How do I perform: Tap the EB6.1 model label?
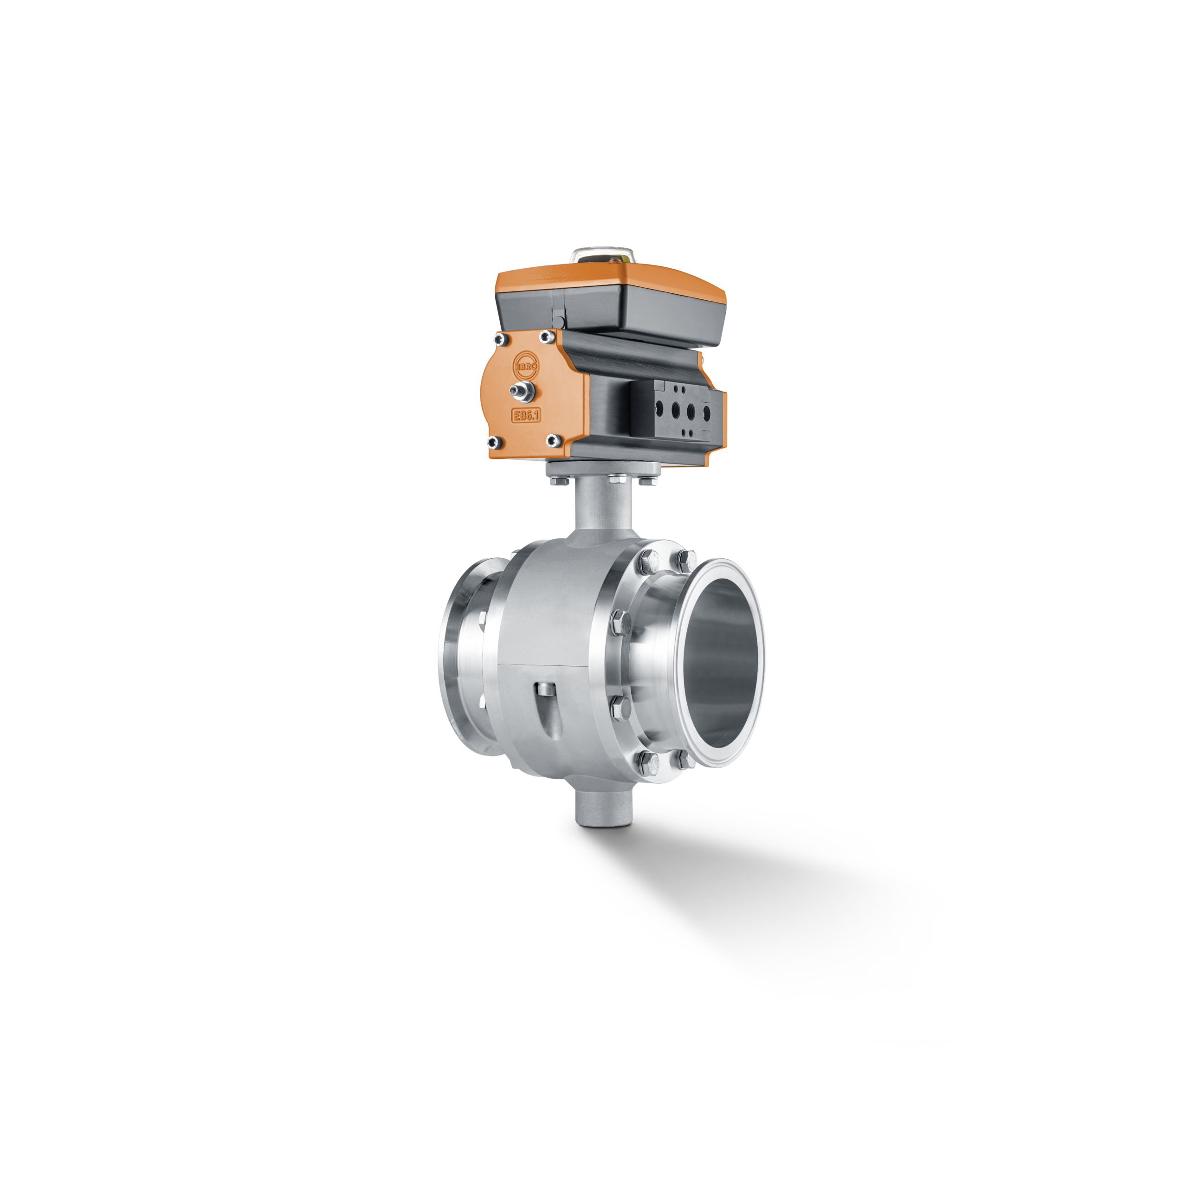[x=526, y=414]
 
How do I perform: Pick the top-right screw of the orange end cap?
[x=545, y=336]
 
